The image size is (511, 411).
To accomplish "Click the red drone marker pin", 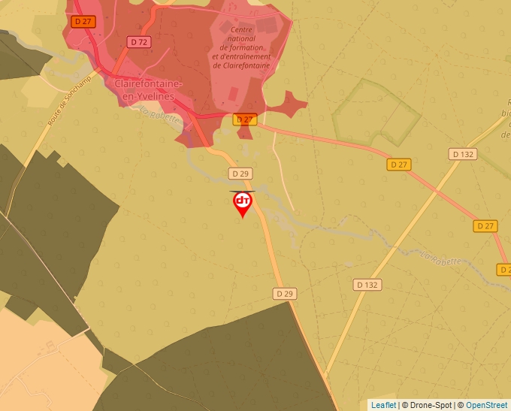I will tap(242, 203).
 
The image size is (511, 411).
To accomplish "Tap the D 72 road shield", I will tap(138, 42).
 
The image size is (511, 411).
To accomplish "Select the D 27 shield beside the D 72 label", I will tap(83, 22).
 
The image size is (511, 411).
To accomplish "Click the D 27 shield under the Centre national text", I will tap(246, 119).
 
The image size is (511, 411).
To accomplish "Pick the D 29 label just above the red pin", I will tap(240, 174).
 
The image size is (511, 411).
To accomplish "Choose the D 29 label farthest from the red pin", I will tap(284, 294).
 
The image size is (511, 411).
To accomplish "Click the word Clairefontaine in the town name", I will tap(146, 84).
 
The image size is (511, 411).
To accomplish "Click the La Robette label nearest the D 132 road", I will tap(439, 258).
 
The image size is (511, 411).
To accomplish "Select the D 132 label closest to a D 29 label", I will tap(367, 285).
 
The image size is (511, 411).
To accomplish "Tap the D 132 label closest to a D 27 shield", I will tap(464, 154).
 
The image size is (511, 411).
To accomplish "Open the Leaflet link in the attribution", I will tap(383, 405).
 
